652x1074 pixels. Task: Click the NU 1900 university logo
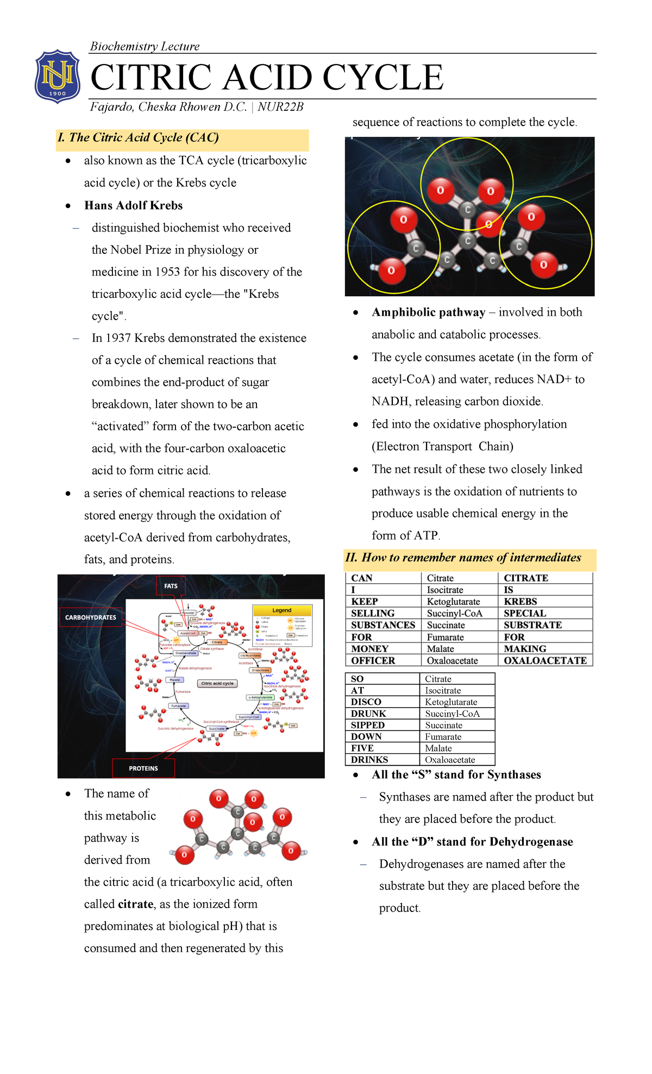tap(58, 76)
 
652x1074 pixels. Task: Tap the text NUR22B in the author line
tap(280, 107)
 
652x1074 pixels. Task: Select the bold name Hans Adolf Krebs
tap(133, 205)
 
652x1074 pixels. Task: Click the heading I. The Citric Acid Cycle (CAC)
tap(138, 138)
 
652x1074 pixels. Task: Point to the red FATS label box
tap(171, 586)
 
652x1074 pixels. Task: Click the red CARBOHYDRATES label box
tap(91, 617)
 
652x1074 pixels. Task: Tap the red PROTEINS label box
tap(143, 769)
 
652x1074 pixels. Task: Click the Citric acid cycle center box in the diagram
tap(217, 683)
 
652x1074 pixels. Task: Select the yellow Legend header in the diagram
tap(282, 610)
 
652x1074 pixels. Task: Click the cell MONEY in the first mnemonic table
tap(370, 649)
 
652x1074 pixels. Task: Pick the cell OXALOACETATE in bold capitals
tap(545, 661)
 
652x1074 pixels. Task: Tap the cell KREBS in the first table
tap(520, 602)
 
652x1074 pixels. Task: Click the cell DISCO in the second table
tap(366, 702)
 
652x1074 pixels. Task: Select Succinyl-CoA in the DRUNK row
tap(452, 714)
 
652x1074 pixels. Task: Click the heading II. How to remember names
tap(463, 558)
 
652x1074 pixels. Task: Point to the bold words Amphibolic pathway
tap(428, 313)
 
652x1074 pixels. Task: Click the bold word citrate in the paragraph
tap(135, 904)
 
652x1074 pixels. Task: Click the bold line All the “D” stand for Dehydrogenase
tap(472, 842)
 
